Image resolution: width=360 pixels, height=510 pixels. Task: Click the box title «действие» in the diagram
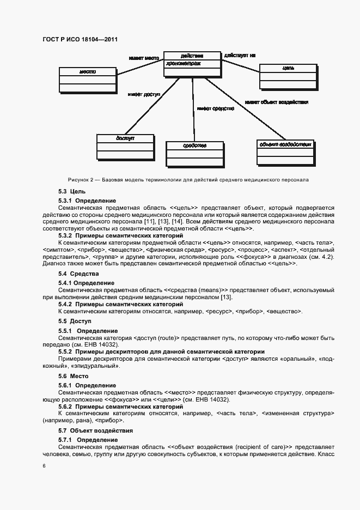(x=192, y=56)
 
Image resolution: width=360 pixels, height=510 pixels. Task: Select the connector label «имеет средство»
(x=216, y=108)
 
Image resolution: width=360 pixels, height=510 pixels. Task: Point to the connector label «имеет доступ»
(x=144, y=94)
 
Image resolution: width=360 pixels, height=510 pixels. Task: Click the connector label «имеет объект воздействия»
(x=277, y=102)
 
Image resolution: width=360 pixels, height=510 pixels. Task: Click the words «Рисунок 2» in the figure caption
(x=80, y=179)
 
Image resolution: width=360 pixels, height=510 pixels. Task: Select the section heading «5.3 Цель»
(x=72, y=192)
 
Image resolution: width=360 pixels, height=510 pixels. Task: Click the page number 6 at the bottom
(x=44, y=466)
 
